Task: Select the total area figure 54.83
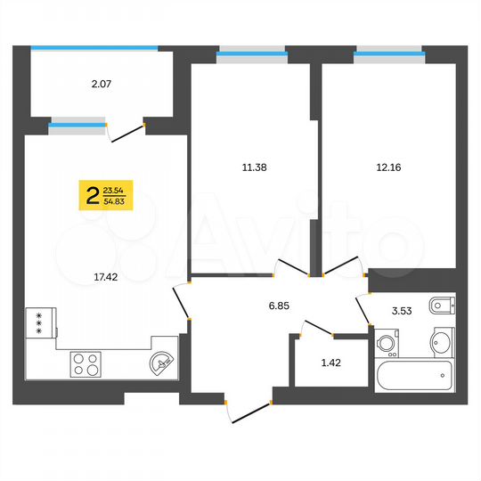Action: (x=114, y=203)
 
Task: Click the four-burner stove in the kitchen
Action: (x=86, y=363)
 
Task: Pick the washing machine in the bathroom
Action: (x=387, y=344)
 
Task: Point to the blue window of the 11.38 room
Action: (x=252, y=55)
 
